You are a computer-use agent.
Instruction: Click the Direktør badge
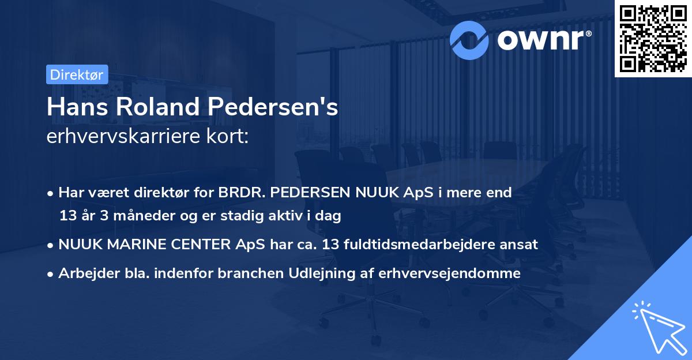[77, 74]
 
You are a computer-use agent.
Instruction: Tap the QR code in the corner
[652, 38]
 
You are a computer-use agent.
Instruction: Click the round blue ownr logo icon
[469, 40]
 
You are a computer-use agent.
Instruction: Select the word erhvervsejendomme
[450, 273]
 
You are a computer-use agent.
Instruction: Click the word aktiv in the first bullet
[293, 216]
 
